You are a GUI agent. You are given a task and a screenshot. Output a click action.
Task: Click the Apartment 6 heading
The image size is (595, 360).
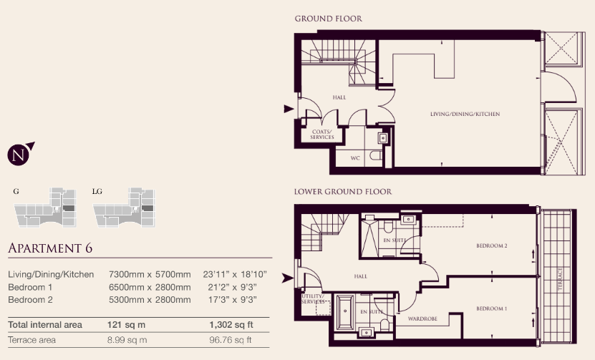coord(50,248)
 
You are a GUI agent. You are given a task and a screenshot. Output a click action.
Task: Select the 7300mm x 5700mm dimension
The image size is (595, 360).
coord(150,274)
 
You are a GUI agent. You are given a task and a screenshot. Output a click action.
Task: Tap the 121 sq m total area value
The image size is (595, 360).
coord(126,325)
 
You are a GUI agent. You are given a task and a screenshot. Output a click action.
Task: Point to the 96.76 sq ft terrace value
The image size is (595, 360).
coord(231,340)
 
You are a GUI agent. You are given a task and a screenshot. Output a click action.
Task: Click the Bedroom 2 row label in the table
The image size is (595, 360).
coord(30,300)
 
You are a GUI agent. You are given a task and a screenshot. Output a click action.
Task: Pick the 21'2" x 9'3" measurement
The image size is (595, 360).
coord(232,287)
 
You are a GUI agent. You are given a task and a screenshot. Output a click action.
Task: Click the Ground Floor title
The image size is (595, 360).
coord(328,19)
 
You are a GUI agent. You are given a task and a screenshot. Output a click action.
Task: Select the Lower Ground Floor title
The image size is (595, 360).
coord(343,192)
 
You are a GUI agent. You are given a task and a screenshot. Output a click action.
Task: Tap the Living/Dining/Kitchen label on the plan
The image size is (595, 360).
coord(465,114)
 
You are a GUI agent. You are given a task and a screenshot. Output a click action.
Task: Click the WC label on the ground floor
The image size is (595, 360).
coord(355,158)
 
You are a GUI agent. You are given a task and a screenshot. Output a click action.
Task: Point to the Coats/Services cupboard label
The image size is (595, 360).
coord(321,135)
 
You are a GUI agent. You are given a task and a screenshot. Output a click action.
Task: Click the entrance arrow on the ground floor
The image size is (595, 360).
coord(289,109)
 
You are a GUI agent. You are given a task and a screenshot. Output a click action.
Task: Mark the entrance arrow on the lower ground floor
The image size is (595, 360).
coord(287,278)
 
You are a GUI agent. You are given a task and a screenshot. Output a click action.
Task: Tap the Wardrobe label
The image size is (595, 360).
coord(422,318)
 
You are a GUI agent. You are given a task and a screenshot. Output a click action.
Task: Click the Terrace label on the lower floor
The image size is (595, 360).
coord(560,279)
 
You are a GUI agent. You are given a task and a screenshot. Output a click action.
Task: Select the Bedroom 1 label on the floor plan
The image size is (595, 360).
coord(491,308)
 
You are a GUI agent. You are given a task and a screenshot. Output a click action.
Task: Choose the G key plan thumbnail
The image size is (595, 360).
coord(45,207)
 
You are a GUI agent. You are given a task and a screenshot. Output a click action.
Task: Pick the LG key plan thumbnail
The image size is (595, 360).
coord(124,207)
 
